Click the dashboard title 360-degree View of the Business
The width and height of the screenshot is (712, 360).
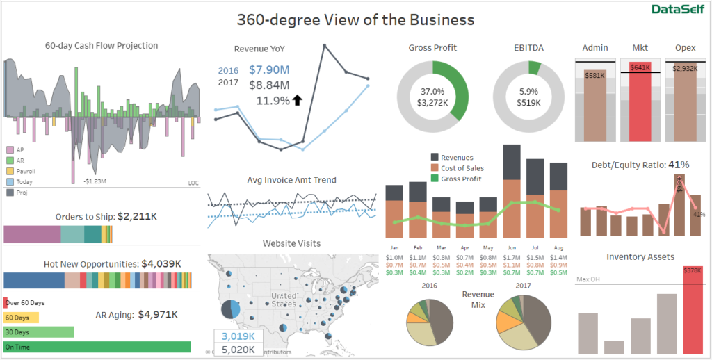point(355,19)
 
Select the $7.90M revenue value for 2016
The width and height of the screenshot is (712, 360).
point(269,69)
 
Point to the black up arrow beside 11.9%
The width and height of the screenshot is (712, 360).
point(298,100)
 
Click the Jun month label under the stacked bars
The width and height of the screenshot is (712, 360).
point(512,247)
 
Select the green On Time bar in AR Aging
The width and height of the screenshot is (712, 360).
point(97,346)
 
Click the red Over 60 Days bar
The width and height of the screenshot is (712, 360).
point(6,303)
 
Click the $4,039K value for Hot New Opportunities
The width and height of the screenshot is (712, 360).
point(161,264)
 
